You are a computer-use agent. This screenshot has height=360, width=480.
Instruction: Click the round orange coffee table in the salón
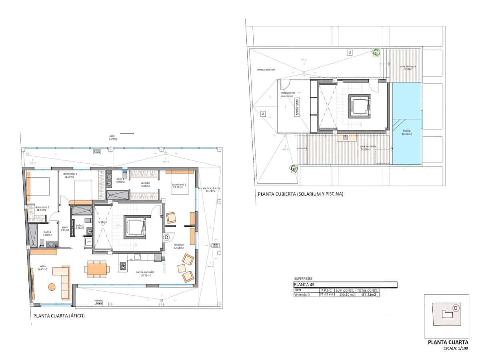(x=52, y=286)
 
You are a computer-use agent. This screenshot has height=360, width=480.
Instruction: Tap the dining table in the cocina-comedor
(x=96, y=269)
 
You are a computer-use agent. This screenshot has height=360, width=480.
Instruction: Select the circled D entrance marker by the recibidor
(x=166, y=237)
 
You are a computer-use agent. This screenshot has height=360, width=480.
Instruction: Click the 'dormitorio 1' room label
(x=178, y=186)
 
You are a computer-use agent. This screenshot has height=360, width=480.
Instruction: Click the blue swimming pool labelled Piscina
(x=406, y=124)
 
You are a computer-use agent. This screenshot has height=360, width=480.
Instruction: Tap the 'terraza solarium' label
(x=266, y=70)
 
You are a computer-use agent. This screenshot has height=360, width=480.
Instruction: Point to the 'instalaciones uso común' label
(x=288, y=94)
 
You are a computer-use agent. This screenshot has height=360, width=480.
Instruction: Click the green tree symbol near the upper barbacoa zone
(x=376, y=52)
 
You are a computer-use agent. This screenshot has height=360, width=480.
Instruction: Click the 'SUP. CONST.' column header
(x=344, y=290)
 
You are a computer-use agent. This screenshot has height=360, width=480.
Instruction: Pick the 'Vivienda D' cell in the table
(x=302, y=294)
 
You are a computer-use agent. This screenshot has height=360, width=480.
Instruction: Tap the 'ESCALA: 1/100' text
(x=455, y=348)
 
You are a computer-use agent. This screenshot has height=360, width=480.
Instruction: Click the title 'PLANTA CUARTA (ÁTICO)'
(x=59, y=316)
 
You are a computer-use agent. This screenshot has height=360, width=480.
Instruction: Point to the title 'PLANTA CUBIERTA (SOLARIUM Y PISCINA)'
(x=300, y=194)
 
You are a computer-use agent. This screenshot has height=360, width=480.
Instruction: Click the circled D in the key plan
(x=455, y=308)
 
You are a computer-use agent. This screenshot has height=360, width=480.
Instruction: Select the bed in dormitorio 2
(x=39, y=186)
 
